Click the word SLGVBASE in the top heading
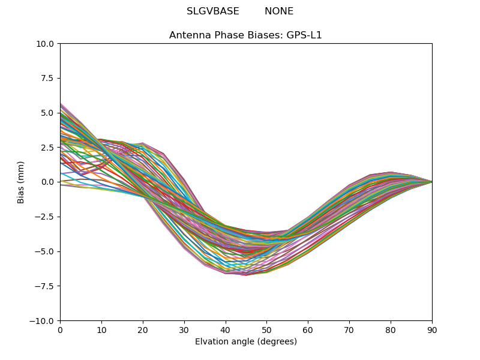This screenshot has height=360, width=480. [213, 11]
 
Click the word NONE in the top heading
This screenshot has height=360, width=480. [279, 11]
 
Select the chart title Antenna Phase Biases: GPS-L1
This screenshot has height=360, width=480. [245, 35]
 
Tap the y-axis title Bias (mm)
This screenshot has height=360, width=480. [21, 182]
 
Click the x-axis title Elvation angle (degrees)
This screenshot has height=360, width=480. [246, 342]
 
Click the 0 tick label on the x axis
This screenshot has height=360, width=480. [60, 329]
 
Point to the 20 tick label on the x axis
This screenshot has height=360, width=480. [143, 329]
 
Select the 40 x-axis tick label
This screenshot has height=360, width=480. [226, 329]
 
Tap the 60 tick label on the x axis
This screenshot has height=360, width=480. [308, 329]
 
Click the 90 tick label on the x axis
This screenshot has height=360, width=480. [432, 329]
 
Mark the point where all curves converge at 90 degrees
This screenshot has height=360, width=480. [431, 182]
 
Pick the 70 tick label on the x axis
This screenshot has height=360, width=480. [349, 329]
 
